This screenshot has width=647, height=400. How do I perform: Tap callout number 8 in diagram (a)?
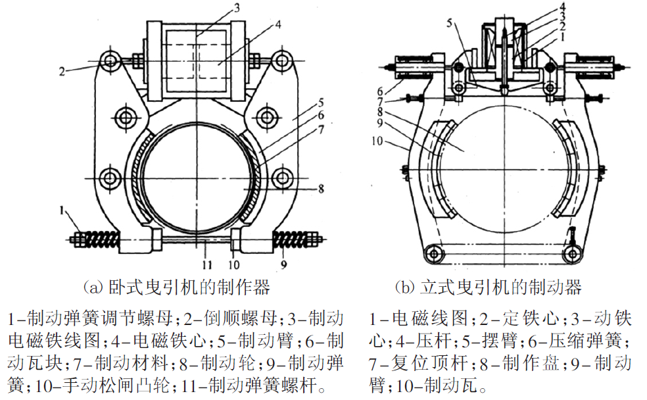click(320, 188)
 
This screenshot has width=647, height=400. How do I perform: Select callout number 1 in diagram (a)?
click(60, 211)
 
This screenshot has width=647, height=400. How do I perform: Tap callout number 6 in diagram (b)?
click(381, 91)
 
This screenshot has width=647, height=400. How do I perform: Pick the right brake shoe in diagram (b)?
click(569, 170)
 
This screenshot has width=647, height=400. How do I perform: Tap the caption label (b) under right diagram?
click(404, 287)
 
